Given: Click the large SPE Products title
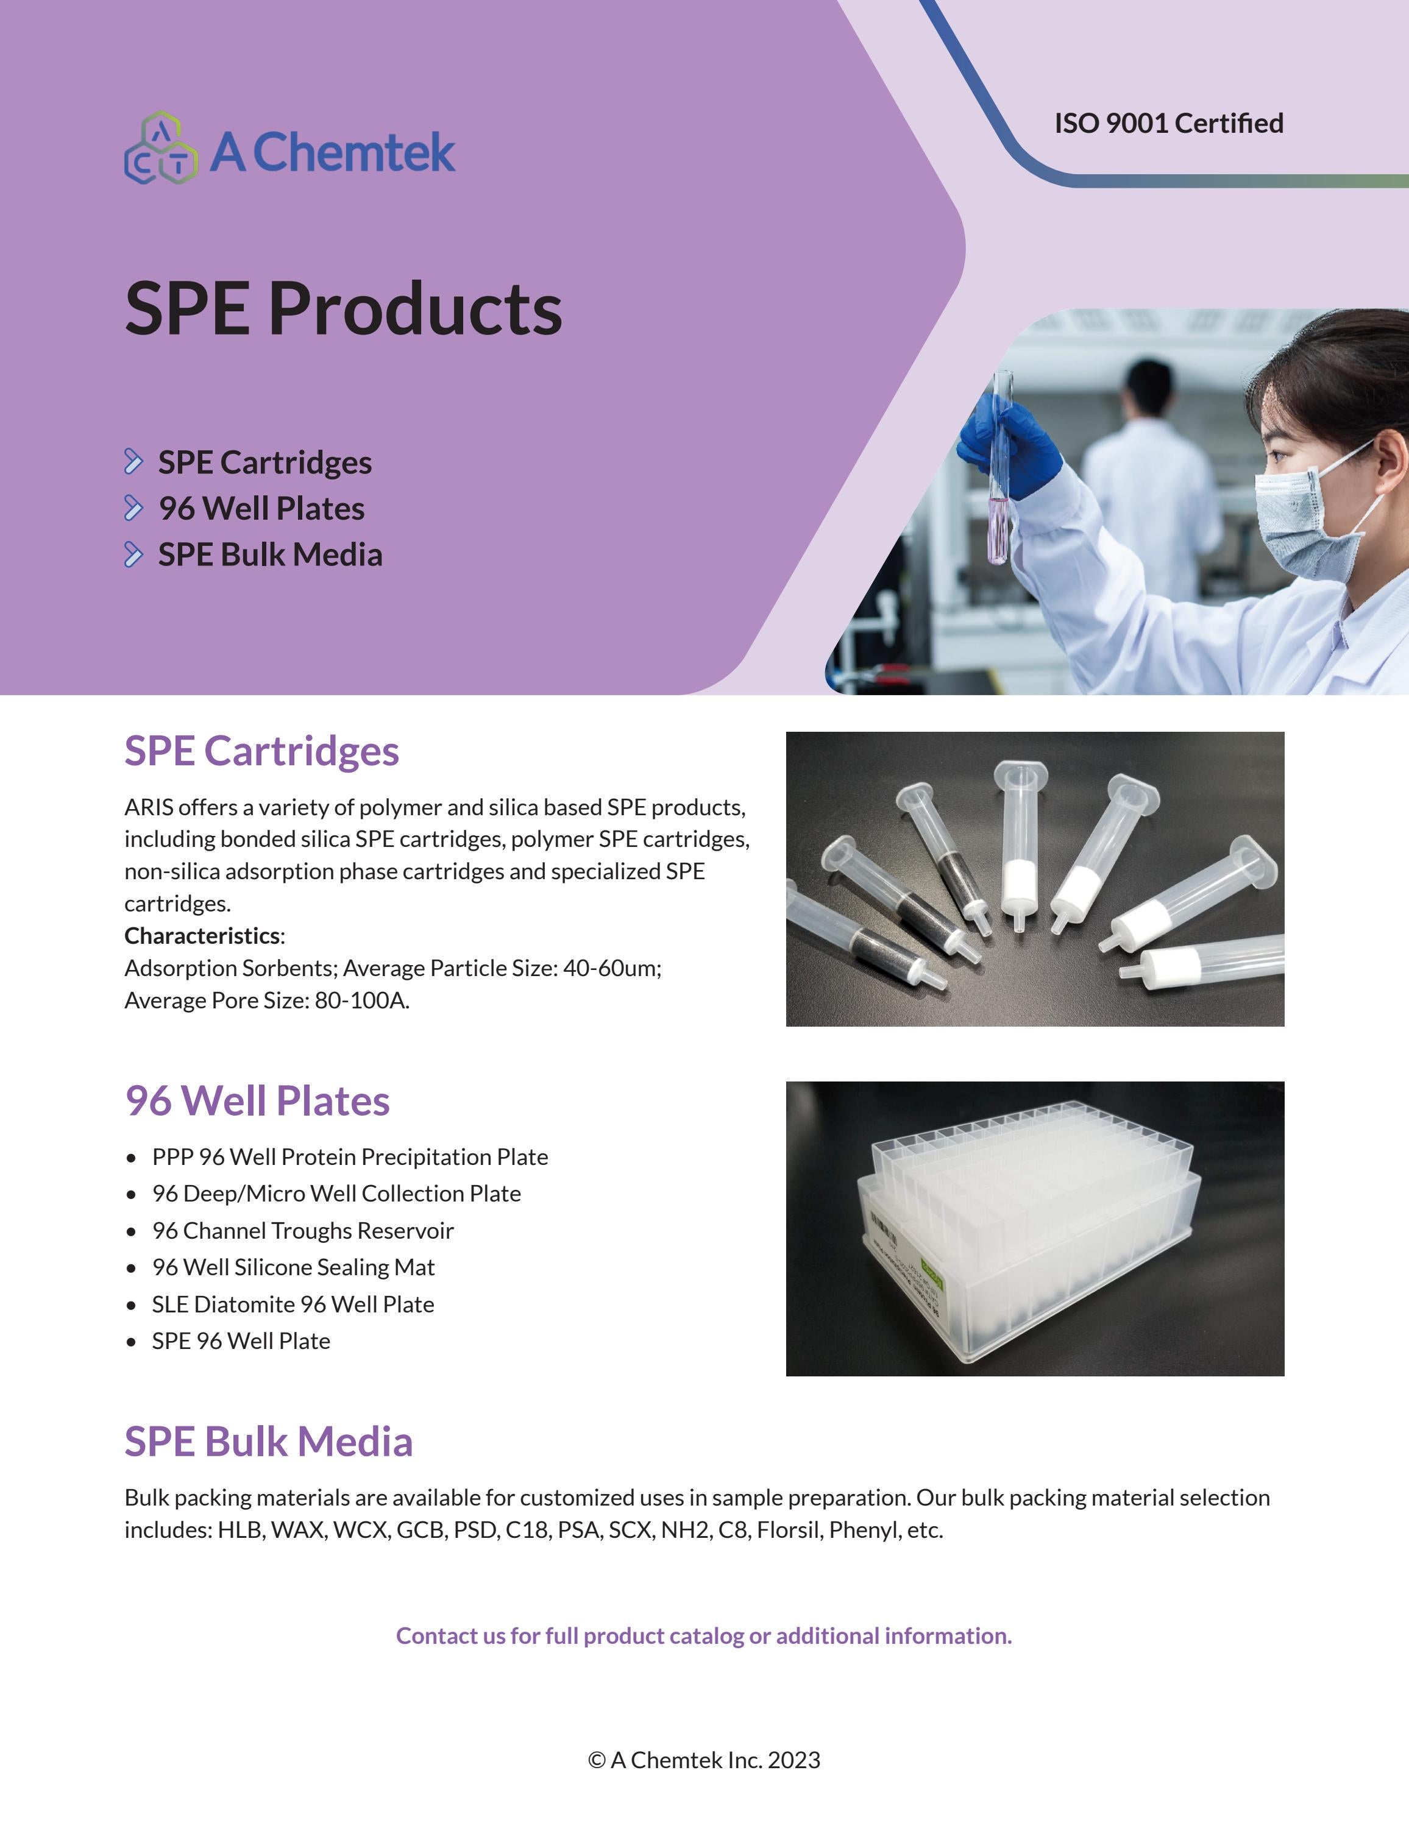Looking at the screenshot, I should (343, 308).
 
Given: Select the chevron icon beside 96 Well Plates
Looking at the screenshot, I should (133, 508).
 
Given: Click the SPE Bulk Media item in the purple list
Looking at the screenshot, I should (269, 554).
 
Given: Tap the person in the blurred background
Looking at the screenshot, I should (1152, 467).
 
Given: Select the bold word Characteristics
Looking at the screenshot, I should (202, 936).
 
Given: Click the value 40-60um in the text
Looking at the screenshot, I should (611, 968).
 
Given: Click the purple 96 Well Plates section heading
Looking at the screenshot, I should (257, 1100).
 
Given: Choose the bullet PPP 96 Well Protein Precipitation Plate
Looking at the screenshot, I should (350, 1157).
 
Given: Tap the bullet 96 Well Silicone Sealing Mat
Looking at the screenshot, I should (293, 1267).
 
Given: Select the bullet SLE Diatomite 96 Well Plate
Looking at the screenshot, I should (293, 1304).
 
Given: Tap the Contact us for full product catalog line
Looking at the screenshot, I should (704, 1635).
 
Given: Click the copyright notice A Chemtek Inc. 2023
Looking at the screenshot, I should (704, 1760).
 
